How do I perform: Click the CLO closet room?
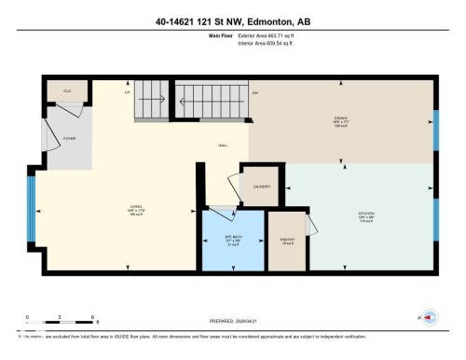[x=67, y=92]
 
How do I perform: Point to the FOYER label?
[x=68, y=137]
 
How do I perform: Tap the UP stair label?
[x=126, y=92]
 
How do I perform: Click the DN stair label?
[x=254, y=92]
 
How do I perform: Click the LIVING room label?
[x=134, y=211]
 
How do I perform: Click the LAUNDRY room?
[x=261, y=186]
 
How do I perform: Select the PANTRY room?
[x=287, y=241]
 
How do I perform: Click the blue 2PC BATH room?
[x=233, y=241]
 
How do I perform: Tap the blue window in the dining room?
[x=436, y=131]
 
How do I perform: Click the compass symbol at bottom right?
[x=432, y=317]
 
